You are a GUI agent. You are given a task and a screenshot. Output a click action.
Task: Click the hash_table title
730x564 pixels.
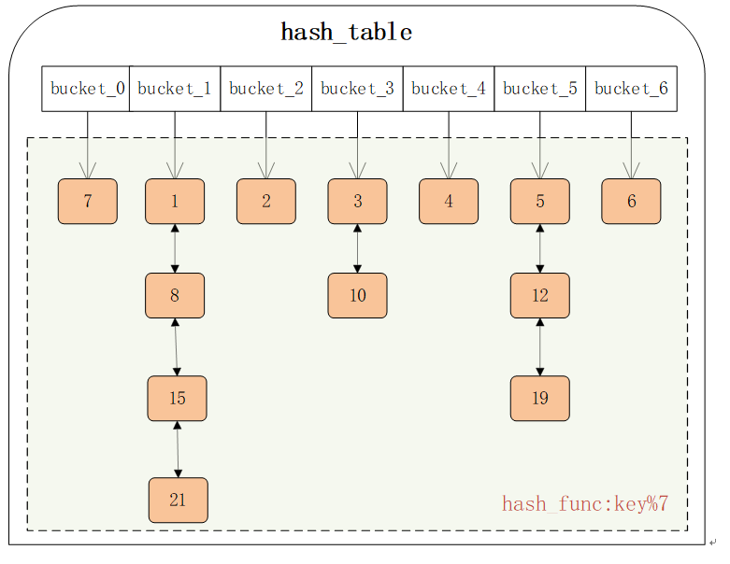[347, 33]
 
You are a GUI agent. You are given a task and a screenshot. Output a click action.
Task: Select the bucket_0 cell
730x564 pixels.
[86, 89]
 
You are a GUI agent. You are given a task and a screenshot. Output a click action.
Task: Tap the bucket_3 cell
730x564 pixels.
[357, 89]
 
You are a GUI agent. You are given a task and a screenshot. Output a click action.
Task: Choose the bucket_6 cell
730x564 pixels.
[631, 89]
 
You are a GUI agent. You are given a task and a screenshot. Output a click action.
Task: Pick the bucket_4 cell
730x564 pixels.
[449, 89]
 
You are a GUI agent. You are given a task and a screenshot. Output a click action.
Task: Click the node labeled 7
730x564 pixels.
[88, 202]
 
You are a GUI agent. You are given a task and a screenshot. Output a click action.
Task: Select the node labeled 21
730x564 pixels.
[178, 501]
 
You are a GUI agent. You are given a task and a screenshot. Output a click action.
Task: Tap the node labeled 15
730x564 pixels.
[177, 399]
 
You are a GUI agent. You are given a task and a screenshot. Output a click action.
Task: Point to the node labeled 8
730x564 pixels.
[175, 296]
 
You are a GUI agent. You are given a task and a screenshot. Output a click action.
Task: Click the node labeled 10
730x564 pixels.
[357, 296]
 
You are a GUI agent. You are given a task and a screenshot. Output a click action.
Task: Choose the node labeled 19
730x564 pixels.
[539, 399]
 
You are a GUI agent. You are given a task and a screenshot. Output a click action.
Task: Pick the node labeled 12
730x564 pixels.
[539, 296]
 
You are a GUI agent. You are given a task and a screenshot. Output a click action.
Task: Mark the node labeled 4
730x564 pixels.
[449, 202]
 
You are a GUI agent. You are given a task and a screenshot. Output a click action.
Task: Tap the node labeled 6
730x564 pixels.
[631, 202]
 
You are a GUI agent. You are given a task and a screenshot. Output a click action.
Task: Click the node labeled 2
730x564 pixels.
[266, 202]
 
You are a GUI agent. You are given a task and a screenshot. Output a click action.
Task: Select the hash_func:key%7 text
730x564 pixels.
[585, 505]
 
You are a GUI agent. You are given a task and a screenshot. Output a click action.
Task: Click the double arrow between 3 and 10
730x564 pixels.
[357, 248]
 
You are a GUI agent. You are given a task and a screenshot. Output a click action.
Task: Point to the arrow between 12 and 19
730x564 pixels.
[539, 347]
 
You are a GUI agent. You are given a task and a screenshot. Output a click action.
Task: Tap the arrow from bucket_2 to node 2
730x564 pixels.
[266, 145]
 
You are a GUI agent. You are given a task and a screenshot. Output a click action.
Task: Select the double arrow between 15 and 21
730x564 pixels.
[178, 449]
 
